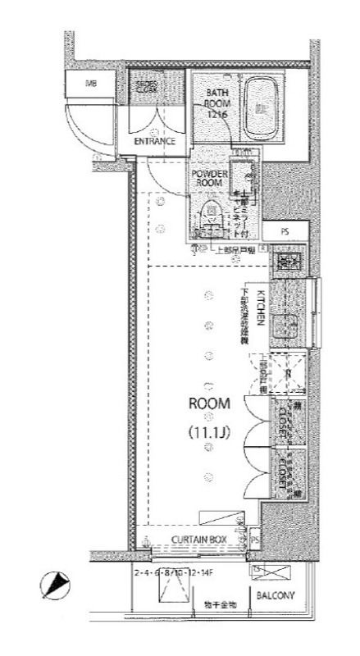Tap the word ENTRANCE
155,141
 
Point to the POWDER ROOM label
207,180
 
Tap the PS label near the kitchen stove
285,231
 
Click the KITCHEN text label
258,307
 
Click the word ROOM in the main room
209,403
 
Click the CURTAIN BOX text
198,539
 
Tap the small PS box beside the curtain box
255,540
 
